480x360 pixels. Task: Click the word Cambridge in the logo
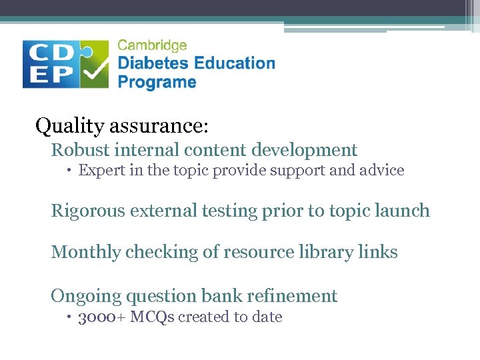[x=152, y=46]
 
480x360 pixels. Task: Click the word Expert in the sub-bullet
[x=99, y=171]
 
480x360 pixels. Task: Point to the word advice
[x=382, y=170]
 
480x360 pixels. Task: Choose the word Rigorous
[x=88, y=211]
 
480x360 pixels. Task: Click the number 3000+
[x=102, y=317]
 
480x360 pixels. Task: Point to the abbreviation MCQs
[x=152, y=317]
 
